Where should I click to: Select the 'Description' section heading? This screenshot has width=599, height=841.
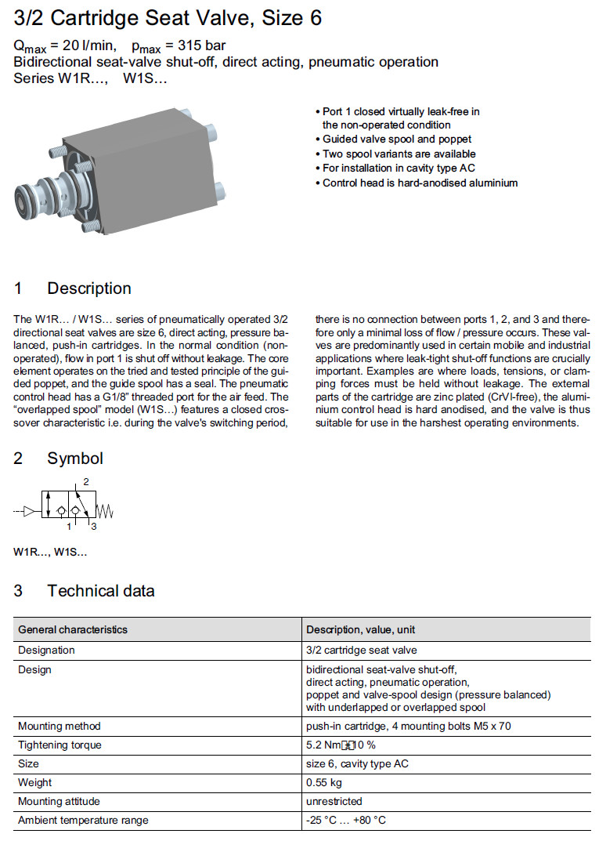(x=88, y=288)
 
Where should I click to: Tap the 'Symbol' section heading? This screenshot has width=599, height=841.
(x=74, y=459)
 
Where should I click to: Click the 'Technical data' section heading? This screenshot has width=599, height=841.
(x=100, y=591)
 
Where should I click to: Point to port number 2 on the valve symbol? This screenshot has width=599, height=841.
(x=86, y=480)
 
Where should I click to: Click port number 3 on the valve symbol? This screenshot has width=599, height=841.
(x=93, y=527)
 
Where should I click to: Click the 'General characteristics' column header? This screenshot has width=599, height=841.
(x=72, y=629)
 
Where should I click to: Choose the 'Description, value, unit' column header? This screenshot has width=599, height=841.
(x=360, y=629)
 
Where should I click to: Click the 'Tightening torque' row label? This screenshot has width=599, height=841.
(x=60, y=745)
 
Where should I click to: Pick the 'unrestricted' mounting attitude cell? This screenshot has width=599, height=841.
(x=334, y=801)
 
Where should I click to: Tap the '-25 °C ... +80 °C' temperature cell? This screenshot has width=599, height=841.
(x=346, y=820)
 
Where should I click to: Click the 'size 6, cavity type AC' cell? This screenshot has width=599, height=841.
(x=357, y=763)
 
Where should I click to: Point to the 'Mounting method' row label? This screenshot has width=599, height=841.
(x=59, y=726)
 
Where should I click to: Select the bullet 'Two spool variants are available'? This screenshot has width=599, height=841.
(x=399, y=154)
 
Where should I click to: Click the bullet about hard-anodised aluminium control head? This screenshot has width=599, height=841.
(x=420, y=183)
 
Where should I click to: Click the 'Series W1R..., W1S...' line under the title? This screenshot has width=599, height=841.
(x=90, y=78)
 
